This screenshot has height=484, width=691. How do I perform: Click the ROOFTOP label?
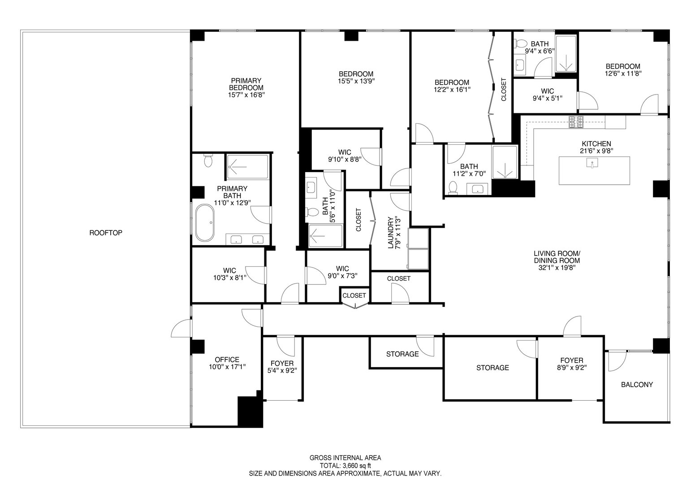106,233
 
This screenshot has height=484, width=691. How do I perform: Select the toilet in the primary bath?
207,160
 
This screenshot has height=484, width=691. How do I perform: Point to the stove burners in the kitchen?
576,122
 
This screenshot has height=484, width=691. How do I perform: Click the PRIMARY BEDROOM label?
246,87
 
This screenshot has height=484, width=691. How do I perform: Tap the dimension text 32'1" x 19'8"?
557,268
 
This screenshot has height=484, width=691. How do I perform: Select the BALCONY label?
636,385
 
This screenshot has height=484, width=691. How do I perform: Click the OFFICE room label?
227,359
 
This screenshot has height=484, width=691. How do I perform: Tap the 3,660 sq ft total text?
345,466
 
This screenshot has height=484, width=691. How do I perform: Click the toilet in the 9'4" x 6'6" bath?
521,44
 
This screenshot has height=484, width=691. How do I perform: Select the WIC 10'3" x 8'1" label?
229,274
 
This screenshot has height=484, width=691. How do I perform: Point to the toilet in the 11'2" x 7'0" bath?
453,187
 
